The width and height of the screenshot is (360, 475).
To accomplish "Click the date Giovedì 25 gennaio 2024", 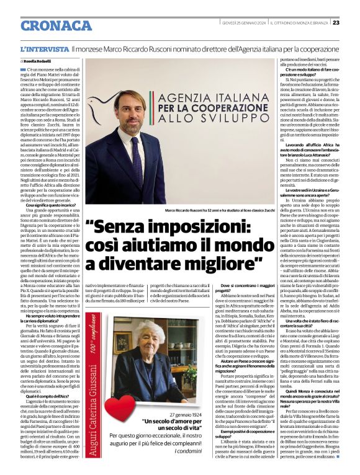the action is point(244,23).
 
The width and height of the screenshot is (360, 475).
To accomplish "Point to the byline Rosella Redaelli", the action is point(38,63).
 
